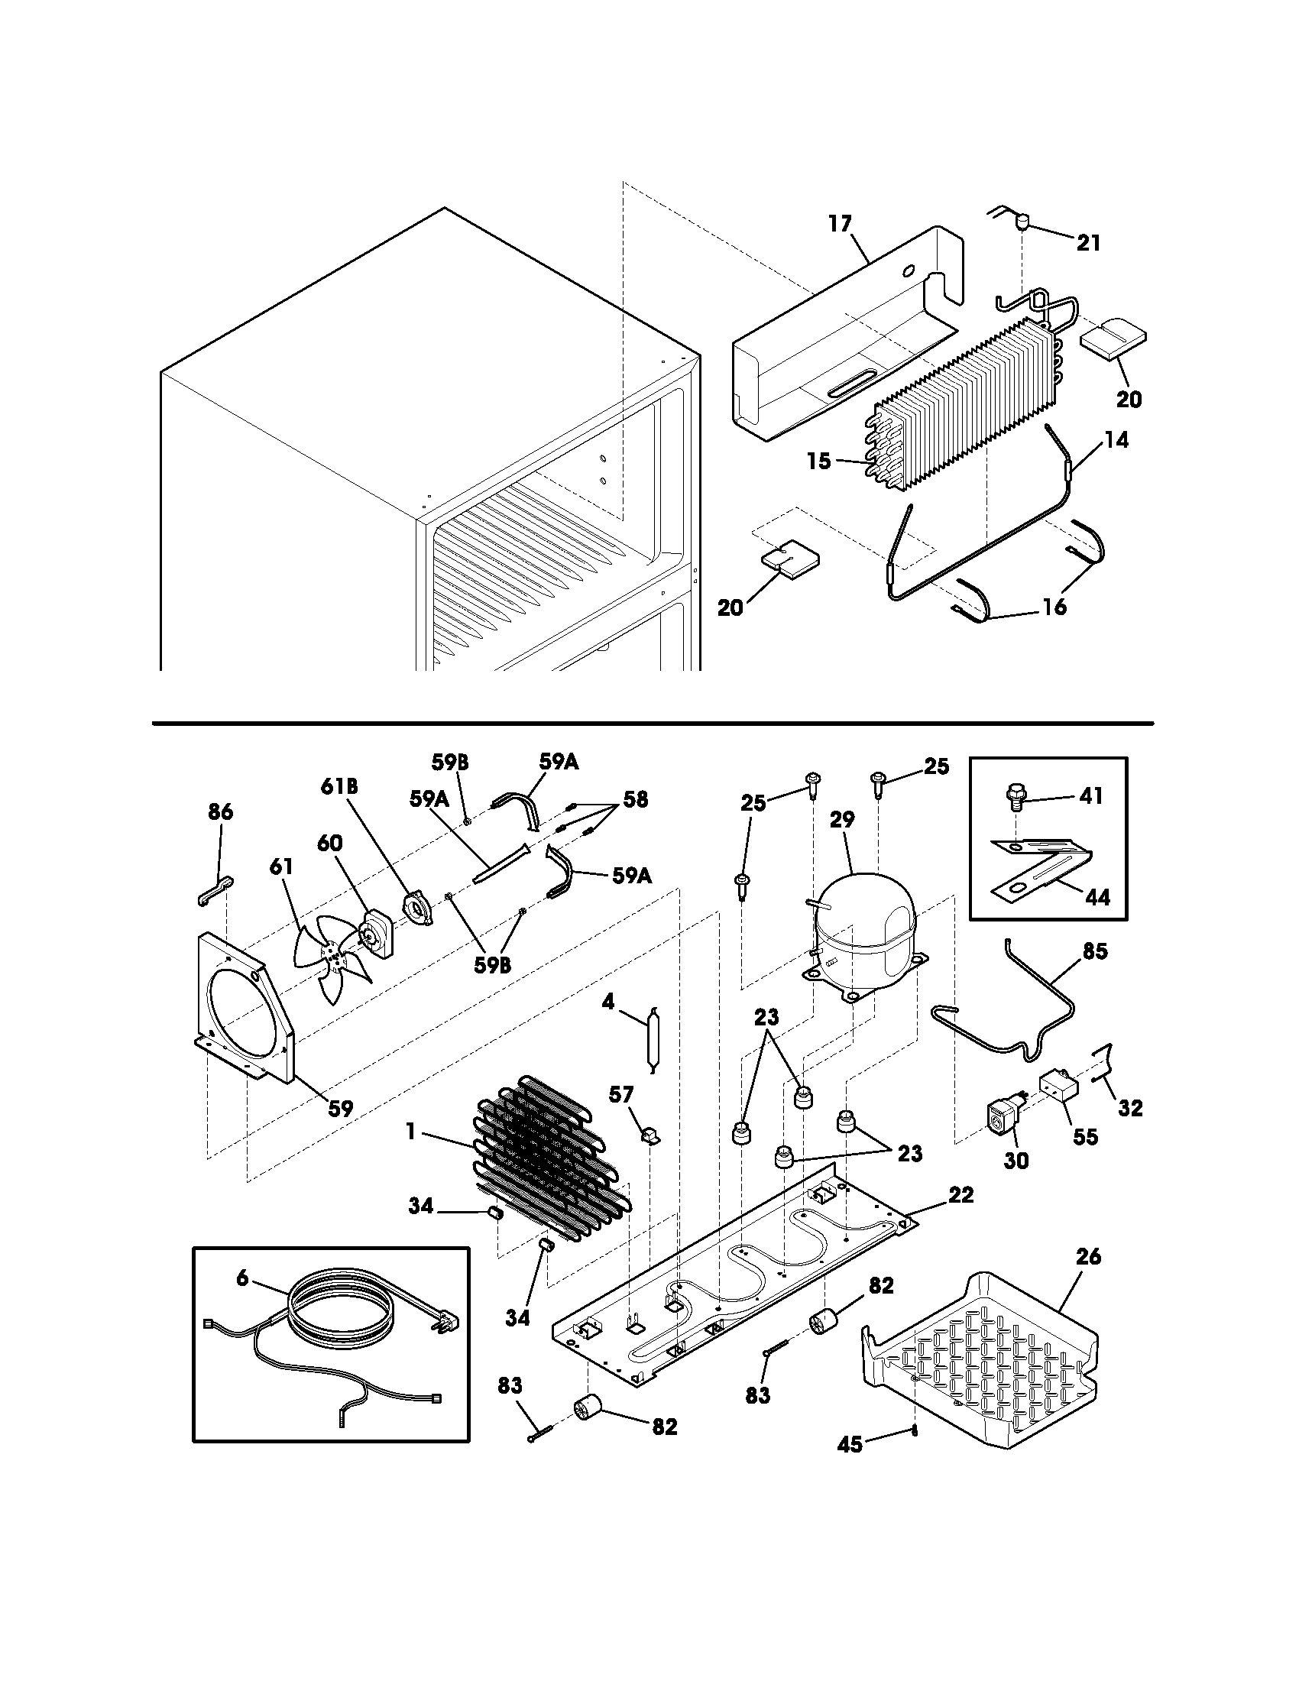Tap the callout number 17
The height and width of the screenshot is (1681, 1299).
click(841, 224)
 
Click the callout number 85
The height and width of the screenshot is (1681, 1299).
click(1094, 951)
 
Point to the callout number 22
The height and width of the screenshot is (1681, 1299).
click(961, 1194)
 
